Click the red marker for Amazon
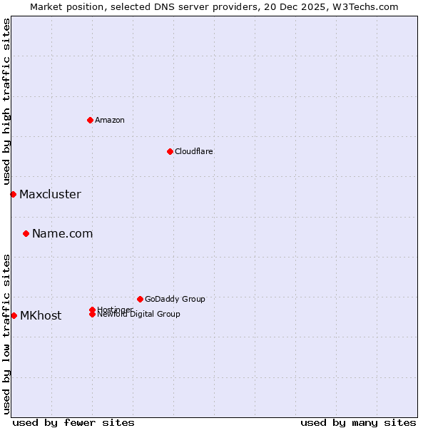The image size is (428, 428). click(90, 120)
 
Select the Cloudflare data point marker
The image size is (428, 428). click(170, 151)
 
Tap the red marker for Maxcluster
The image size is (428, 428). click(13, 194)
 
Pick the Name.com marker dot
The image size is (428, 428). click(26, 233)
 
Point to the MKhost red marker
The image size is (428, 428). click(14, 315)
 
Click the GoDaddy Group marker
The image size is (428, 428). click(140, 299)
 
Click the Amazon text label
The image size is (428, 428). click(109, 120)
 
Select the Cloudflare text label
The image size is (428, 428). click(193, 151)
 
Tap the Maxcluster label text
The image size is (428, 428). click(50, 194)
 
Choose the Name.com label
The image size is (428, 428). click(62, 233)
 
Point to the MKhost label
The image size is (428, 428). click(40, 315)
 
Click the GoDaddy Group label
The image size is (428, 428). click(175, 299)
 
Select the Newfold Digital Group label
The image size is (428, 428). click(138, 315)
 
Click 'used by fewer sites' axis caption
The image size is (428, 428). click(73, 422)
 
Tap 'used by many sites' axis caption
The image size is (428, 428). click(358, 422)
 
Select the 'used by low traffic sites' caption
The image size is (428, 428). click(6, 333)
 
